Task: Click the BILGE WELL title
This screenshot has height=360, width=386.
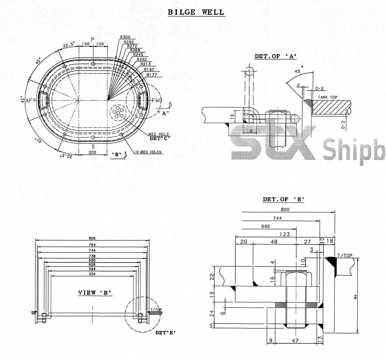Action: [196, 12]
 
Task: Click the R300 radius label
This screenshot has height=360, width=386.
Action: [125, 38]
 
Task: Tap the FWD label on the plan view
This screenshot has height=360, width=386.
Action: [157, 101]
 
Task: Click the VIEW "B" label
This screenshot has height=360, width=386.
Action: [95, 292]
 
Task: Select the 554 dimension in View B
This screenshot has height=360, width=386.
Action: [92, 274]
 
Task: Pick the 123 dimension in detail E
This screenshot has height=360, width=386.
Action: [285, 234]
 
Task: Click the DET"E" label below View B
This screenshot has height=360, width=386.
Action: [165, 333]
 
